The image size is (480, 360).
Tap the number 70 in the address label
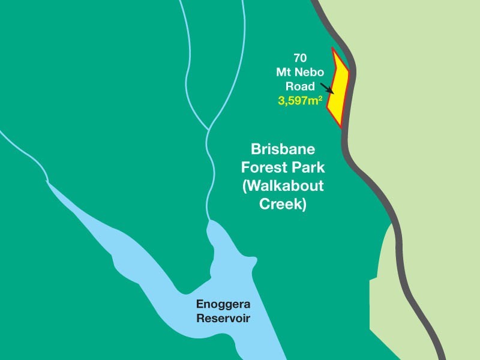click(300, 58)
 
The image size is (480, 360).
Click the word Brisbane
click(282, 149)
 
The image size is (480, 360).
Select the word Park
click(306, 167)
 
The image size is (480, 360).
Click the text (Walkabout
click(283, 186)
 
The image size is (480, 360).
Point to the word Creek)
click(283, 205)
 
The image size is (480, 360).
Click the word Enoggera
click(223, 304)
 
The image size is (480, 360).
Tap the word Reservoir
click(223, 318)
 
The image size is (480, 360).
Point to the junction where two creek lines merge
click(208, 129)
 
